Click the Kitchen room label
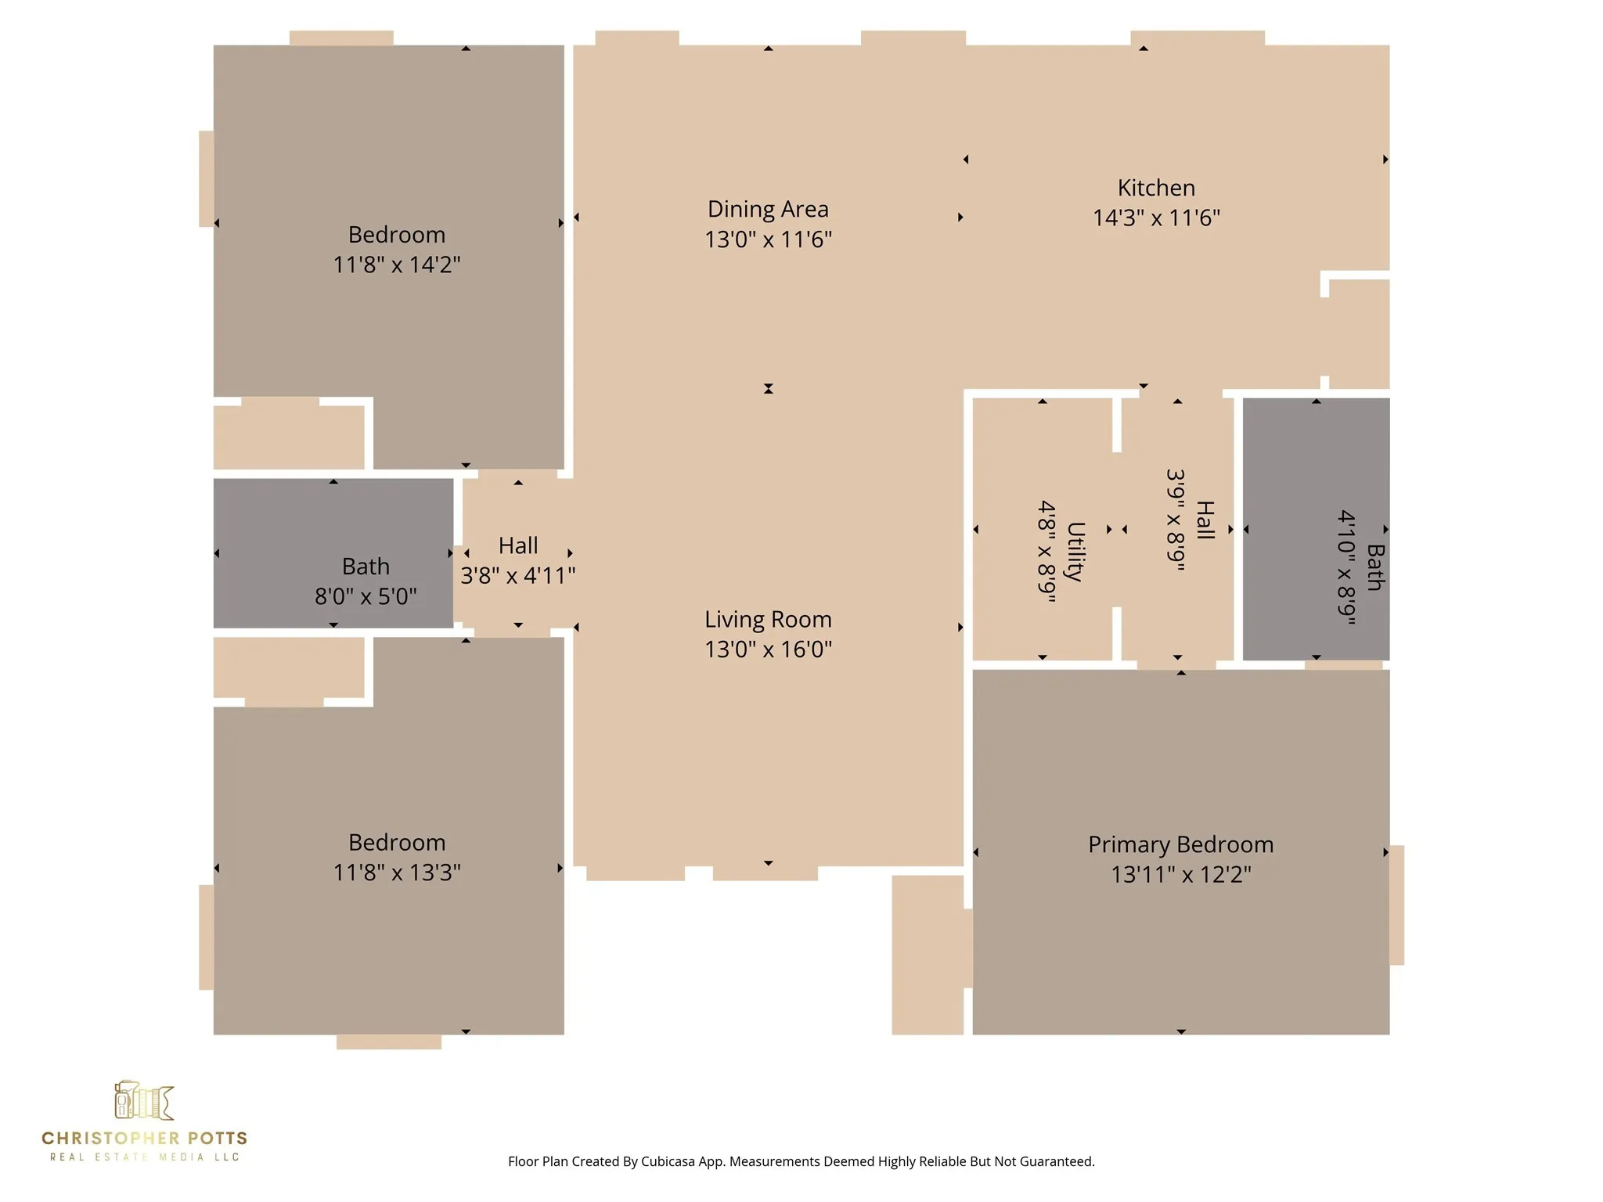[1156, 188]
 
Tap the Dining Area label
[768, 209]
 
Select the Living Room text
[768, 619]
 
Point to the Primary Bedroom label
[1180, 844]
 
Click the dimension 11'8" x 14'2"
[397, 265]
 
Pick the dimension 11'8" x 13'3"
[397, 873]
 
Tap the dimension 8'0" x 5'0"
[366, 596]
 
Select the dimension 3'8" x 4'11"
[517, 576]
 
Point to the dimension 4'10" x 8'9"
[1346, 567]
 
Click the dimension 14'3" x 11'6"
[1156, 218]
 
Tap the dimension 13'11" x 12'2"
[1180, 874]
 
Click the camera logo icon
[144, 1101]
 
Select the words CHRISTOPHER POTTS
[144, 1138]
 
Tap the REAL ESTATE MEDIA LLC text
[144, 1157]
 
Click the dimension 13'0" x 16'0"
[768, 650]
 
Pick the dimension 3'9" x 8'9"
[1176, 520]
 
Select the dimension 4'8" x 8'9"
[1047, 552]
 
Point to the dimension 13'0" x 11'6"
[768, 239]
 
